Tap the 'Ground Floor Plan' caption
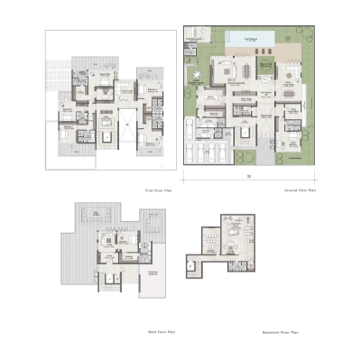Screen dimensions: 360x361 coord(308,191)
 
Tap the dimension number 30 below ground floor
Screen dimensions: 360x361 coord(245,176)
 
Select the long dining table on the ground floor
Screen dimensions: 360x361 coord(246,69)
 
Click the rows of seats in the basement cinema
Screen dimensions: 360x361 coord(210,240)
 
